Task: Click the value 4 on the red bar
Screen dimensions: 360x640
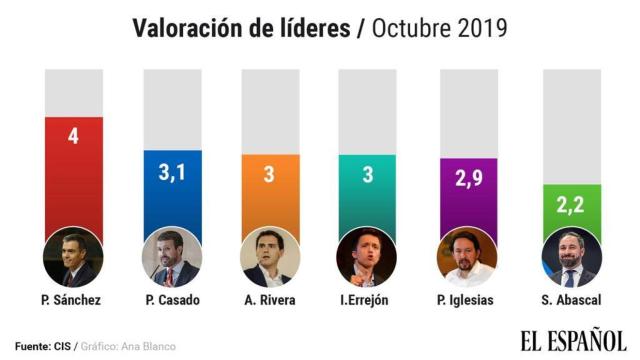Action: tap(73, 135)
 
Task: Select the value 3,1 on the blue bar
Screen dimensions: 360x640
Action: tap(170, 172)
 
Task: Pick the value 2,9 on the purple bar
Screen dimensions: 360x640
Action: tap(465, 180)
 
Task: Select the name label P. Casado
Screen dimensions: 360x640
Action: tap(171, 300)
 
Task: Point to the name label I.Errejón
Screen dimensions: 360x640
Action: tap(367, 300)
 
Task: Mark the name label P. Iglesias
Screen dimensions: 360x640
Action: tap(466, 300)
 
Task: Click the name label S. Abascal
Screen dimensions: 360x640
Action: tap(569, 300)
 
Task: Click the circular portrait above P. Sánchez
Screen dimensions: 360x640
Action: tap(73, 258)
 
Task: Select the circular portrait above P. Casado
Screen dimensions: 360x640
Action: tap(171, 258)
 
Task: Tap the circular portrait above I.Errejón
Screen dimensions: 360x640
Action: tap(367, 258)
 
